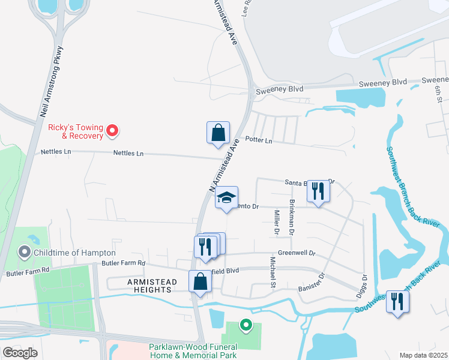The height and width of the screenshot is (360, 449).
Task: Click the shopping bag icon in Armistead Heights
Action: [200, 281]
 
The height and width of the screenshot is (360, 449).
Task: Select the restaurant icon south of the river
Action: [397, 301]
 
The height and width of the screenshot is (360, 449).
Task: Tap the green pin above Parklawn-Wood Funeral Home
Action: [245, 325]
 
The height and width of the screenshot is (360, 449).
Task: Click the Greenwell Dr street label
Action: [297, 253]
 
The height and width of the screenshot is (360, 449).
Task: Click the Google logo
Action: [20, 352]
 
